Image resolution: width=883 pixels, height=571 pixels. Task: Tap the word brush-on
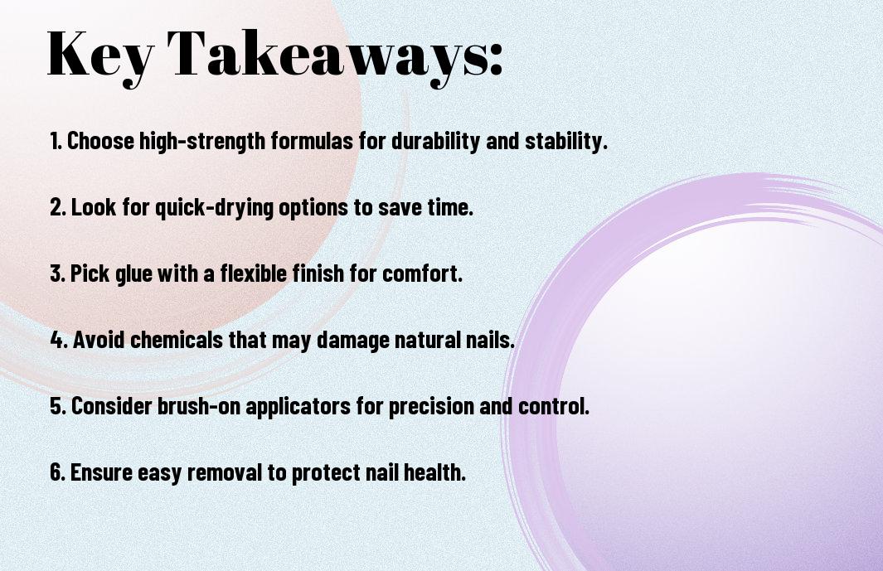(198, 405)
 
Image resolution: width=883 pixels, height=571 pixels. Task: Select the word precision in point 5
(431, 406)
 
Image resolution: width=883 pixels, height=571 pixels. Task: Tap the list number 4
(57, 340)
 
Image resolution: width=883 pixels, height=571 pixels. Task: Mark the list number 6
(57, 472)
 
